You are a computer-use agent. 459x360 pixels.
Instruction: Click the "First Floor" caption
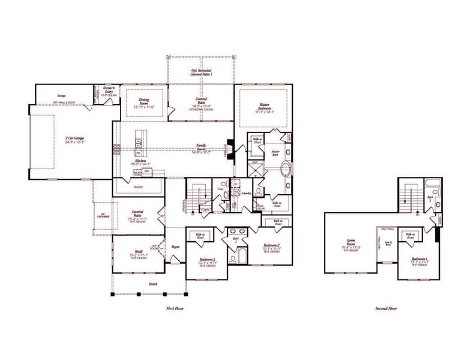(x=175, y=308)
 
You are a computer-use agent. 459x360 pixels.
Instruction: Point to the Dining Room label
(x=144, y=103)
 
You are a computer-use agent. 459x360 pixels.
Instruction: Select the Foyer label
(x=176, y=246)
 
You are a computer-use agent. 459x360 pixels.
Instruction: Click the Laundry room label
(x=245, y=194)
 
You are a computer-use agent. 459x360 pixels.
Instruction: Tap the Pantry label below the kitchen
(x=138, y=187)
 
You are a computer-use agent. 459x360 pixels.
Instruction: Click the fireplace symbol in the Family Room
(x=229, y=147)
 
